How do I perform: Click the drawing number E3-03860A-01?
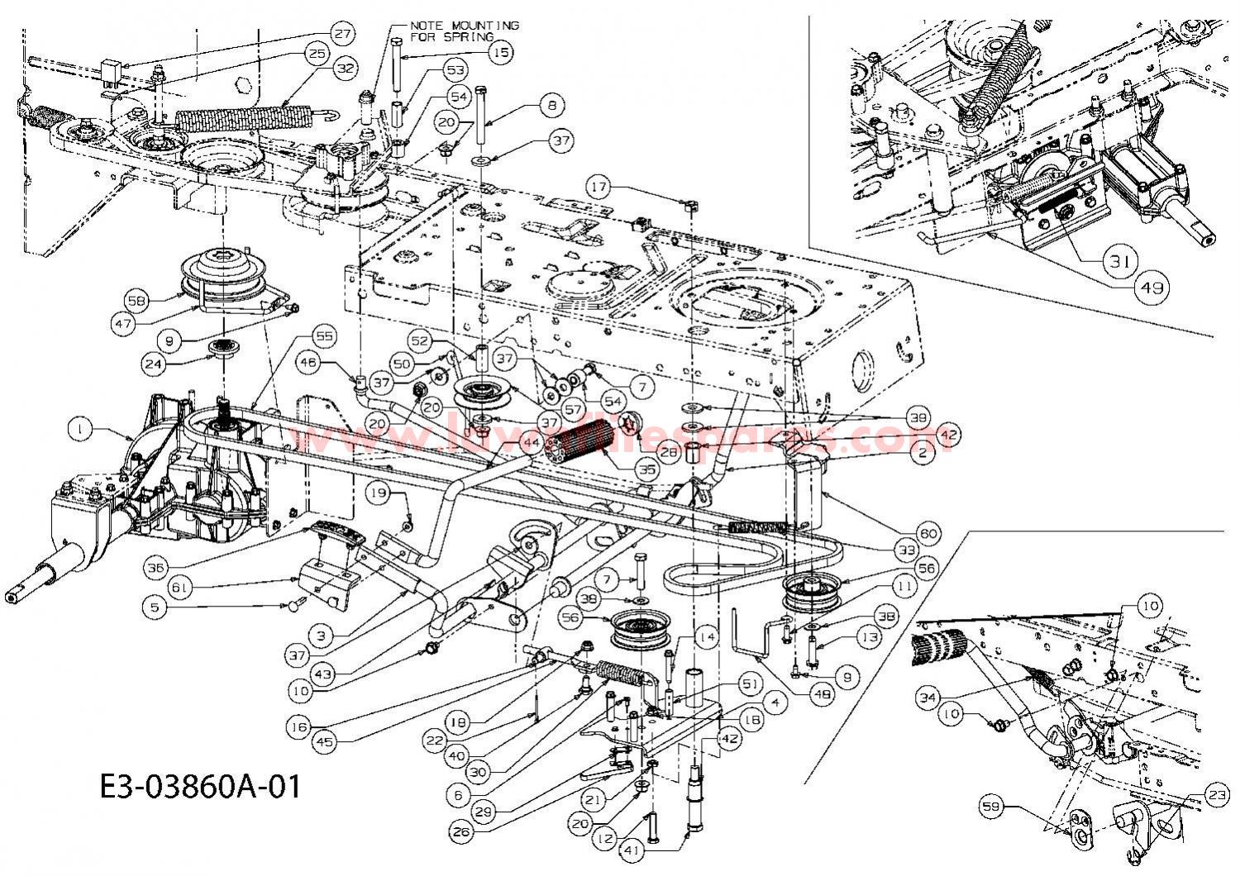click(198, 785)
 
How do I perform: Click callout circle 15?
click(499, 52)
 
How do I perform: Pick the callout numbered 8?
click(552, 105)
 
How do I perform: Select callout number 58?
click(137, 298)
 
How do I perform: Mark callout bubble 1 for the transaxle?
click(79, 429)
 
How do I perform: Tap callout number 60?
click(928, 534)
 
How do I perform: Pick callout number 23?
click(1215, 797)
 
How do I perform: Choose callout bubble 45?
click(325, 741)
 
